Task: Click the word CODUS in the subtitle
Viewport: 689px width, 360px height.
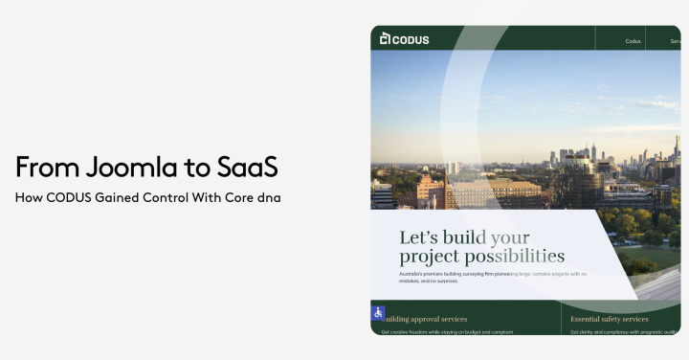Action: (74, 198)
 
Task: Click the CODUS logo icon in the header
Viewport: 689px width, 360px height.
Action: (385, 39)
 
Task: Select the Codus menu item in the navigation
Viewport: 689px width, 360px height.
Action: (633, 41)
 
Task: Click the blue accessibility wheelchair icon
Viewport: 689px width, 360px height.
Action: (379, 313)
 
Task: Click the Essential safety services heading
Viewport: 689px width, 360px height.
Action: (610, 319)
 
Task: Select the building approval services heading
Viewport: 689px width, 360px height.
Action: (427, 319)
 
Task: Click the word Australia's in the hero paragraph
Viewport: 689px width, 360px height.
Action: (415, 274)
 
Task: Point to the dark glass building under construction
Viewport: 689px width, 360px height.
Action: (577, 182)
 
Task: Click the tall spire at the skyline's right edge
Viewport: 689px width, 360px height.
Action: (677, 148)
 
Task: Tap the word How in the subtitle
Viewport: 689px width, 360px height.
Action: (25, 198)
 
